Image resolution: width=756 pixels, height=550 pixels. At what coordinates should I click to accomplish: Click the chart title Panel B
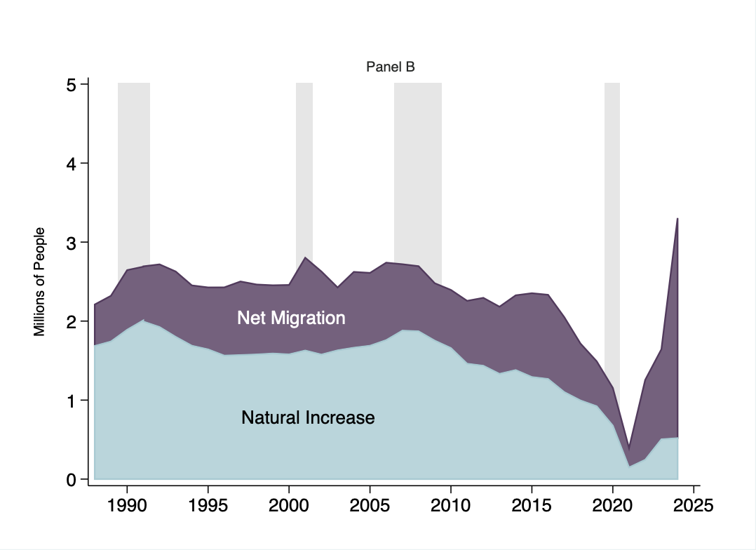391,67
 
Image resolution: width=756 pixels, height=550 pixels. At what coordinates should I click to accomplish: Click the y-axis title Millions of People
40,281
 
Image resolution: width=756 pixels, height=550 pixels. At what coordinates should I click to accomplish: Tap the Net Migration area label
291,318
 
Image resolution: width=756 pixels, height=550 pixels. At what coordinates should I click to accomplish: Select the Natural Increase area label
308,418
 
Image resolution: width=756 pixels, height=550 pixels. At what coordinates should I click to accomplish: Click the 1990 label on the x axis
127,505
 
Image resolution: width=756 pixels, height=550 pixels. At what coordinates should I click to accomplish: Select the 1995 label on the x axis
208,505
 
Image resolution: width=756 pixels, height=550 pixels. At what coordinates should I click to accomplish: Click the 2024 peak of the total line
677,219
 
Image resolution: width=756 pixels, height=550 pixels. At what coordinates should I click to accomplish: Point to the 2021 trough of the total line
629,448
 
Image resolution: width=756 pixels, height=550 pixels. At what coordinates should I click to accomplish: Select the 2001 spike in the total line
305,257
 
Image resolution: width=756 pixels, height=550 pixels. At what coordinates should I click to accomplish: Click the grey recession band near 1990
134,175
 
